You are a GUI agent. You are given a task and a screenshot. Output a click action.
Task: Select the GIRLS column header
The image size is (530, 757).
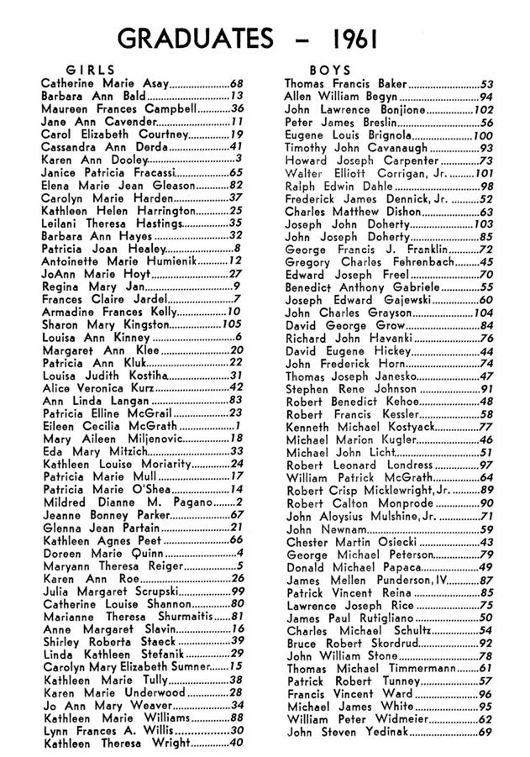(x=90, y=70)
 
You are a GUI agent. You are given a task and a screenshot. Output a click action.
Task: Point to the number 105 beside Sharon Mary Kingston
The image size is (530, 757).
(x=232, y=324)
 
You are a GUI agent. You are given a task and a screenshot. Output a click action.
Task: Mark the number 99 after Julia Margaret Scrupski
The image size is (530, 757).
(x=235, y=615)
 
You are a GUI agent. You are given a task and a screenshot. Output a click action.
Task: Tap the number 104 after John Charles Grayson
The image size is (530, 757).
(x=482, y=311)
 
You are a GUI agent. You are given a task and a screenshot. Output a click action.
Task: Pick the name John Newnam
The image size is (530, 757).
(x=315, y=529)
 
